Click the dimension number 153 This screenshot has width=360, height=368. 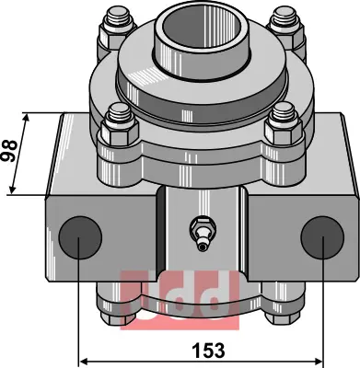pos(208,351)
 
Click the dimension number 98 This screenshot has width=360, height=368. pos(9,151)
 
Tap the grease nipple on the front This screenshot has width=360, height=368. pos(201,234)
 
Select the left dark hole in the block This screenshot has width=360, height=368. pos(80,237)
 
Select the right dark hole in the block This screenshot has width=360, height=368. pos(322,237)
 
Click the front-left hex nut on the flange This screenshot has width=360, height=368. pos(119,132)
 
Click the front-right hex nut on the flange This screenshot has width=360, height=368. pos(284,132)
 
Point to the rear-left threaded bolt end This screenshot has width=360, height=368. pos(118,19)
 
